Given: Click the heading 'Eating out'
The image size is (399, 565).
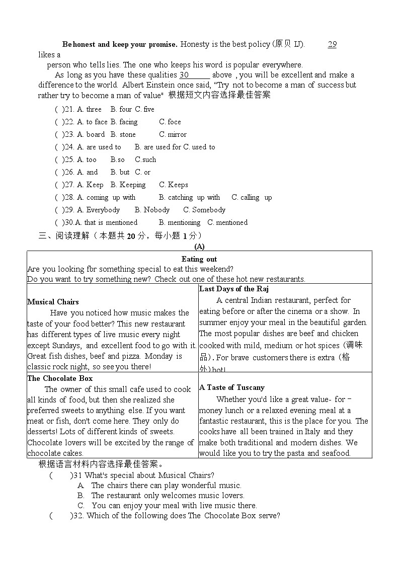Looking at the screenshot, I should click(x=199, y=259).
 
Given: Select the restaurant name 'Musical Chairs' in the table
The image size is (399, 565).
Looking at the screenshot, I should click(x=53, y=302).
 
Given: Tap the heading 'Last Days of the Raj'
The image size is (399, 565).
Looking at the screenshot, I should click(x=234, y=289).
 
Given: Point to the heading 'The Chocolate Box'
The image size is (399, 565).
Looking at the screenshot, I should click(x=60, y=378).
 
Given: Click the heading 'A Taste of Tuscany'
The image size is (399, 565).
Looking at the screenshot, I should click(x=231, y=387).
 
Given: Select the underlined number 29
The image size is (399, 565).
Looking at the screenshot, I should click(x=332, y=44).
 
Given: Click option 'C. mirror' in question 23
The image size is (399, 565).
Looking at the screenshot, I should click(x=173, y=134).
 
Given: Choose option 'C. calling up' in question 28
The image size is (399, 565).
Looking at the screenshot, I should click(x=252, y=197).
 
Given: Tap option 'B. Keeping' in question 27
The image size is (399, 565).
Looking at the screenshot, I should click(x=128, y=185).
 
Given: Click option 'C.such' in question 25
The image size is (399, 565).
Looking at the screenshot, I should click(x=145, y=159).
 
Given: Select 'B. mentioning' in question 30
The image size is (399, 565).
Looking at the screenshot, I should click(x=180, y=222).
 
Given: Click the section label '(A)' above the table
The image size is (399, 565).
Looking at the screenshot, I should click(x=199, y=247).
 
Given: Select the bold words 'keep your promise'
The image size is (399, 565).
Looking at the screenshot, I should click(x=144, y=44).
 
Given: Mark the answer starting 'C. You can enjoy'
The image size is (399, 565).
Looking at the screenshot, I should click(x=167, y=505).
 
